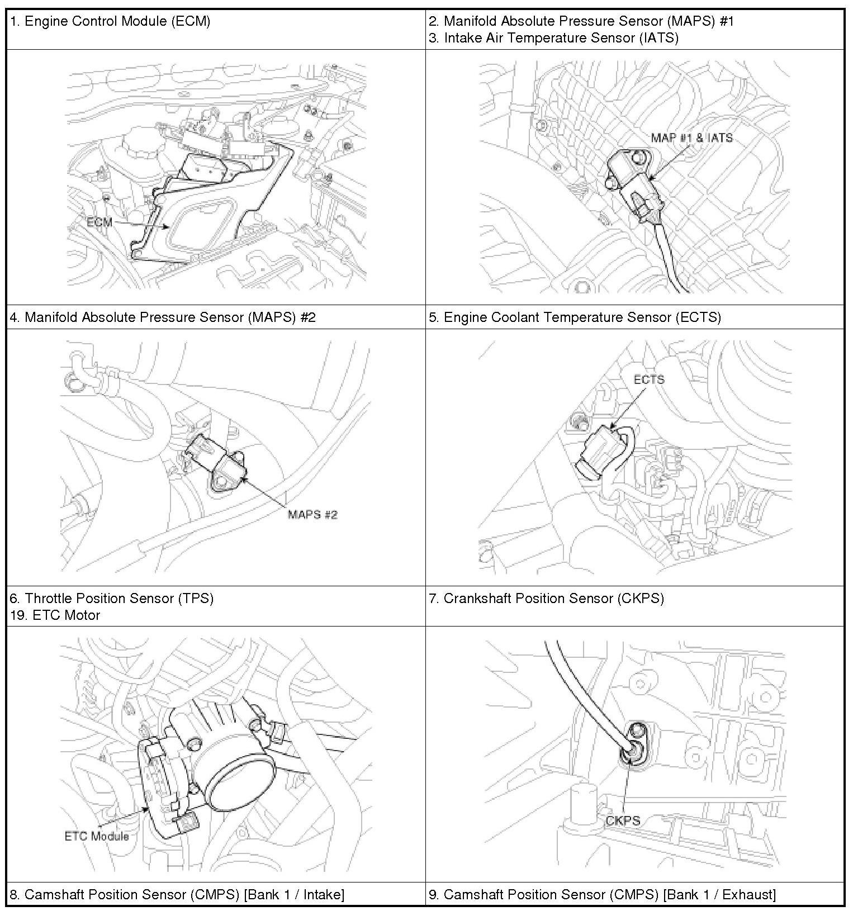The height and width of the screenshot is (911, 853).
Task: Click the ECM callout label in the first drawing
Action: click(99, 222)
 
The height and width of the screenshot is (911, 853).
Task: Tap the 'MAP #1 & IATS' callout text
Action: click(691, 137)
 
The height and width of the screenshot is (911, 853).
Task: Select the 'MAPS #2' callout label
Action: click(312, 514)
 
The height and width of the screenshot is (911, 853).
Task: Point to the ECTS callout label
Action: click(648, 379)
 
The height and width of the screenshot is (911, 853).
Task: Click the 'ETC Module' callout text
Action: click(97, 836)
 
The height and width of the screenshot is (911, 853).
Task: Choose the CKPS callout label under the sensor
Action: click(623, 820)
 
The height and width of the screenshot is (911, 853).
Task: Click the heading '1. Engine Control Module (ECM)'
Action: click(110, 22)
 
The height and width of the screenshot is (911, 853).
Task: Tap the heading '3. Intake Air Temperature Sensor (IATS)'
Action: click(554, 38)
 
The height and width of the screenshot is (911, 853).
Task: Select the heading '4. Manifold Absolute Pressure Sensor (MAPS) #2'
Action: click(163, 317)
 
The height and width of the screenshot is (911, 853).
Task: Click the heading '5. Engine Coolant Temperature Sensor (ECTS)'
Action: click(575, 317)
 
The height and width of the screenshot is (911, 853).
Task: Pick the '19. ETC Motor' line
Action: click(55, 615)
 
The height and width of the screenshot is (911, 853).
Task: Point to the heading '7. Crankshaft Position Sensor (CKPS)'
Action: click(546, 599)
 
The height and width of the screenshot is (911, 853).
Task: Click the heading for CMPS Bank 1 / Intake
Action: click(177, 895)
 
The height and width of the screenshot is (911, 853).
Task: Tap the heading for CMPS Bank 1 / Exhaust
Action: click(602, 895)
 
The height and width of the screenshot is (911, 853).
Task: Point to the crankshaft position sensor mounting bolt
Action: click(636, 730)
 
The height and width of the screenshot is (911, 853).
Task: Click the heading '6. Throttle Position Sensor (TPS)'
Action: click(112, 599)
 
